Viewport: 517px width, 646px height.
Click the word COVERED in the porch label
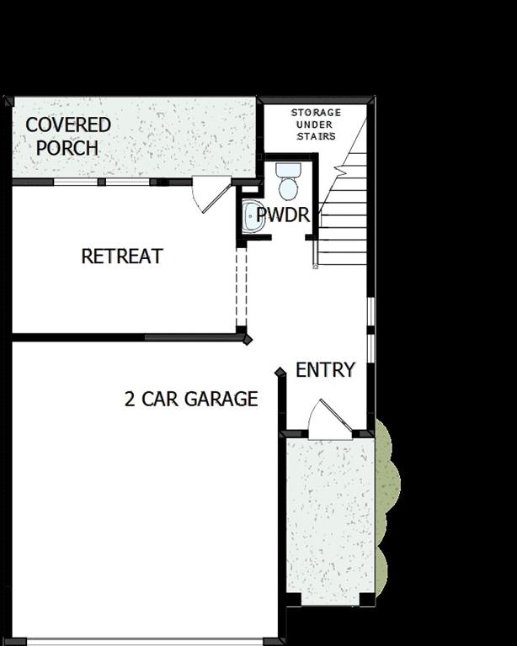68,125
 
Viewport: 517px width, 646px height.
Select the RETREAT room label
122,257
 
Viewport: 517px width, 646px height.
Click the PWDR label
283,215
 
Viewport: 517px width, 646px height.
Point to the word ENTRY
325,370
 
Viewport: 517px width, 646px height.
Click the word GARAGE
221,399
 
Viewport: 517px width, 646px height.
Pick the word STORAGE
317,113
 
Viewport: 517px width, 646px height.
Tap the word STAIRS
317,136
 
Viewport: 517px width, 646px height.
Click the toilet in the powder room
289,181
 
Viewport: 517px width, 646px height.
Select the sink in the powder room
252,216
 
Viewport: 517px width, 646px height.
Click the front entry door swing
328,418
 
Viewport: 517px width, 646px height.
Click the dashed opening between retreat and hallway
241,286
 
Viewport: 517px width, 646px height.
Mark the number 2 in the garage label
130,399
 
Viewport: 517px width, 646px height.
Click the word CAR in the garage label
159,399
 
